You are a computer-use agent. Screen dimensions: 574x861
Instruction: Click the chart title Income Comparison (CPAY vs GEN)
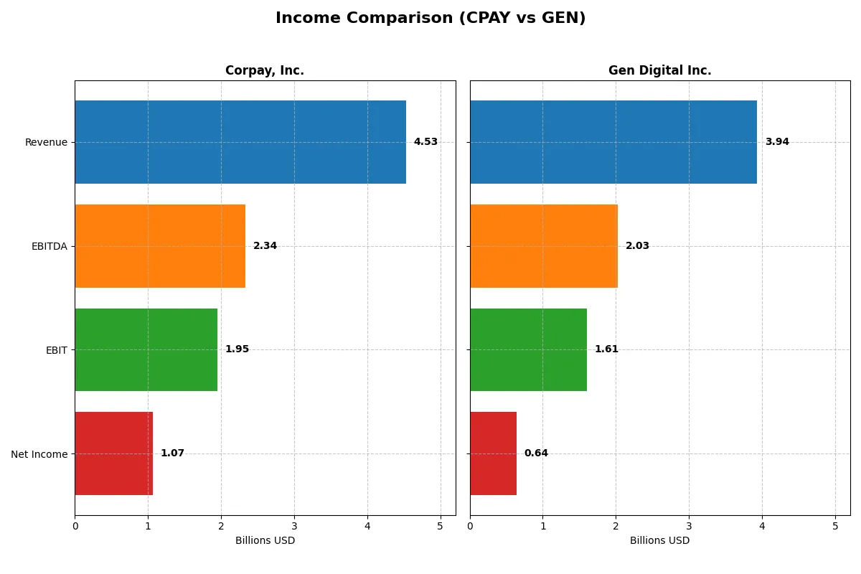point(430,19)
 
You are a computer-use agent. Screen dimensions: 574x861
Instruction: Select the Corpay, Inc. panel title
point(265,70)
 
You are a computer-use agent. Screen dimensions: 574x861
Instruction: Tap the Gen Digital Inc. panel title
point(659,70)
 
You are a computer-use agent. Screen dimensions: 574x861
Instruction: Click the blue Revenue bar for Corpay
point(240,142)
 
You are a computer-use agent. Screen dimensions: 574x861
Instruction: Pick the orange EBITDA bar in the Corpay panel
point(160,246)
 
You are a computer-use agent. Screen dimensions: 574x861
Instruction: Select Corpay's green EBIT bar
point(146,349)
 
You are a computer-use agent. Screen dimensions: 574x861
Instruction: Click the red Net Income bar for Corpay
point(113,453)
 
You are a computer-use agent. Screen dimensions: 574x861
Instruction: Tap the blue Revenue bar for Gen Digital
point(613,142)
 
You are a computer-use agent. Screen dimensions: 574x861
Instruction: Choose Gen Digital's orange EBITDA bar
point(544,246)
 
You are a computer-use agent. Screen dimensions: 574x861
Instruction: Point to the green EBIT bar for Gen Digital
point(528,349)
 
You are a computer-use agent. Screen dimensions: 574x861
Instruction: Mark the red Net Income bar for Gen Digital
point(493,453)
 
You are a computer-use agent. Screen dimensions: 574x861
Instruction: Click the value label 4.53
point(425,142)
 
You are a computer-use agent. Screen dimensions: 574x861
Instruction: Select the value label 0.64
point(536,453)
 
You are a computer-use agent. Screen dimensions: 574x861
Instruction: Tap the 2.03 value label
point(637,246)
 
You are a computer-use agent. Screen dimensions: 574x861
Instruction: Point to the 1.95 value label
point(237,349)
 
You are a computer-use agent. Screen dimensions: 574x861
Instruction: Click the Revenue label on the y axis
point(46,142)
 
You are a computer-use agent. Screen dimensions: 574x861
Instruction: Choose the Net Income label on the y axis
point(39,454)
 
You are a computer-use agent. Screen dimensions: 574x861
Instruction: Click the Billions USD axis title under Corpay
point(265,541)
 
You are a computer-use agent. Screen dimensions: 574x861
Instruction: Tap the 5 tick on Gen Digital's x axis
point(835,526)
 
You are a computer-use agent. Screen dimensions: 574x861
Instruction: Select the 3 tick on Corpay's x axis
point(294,526)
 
